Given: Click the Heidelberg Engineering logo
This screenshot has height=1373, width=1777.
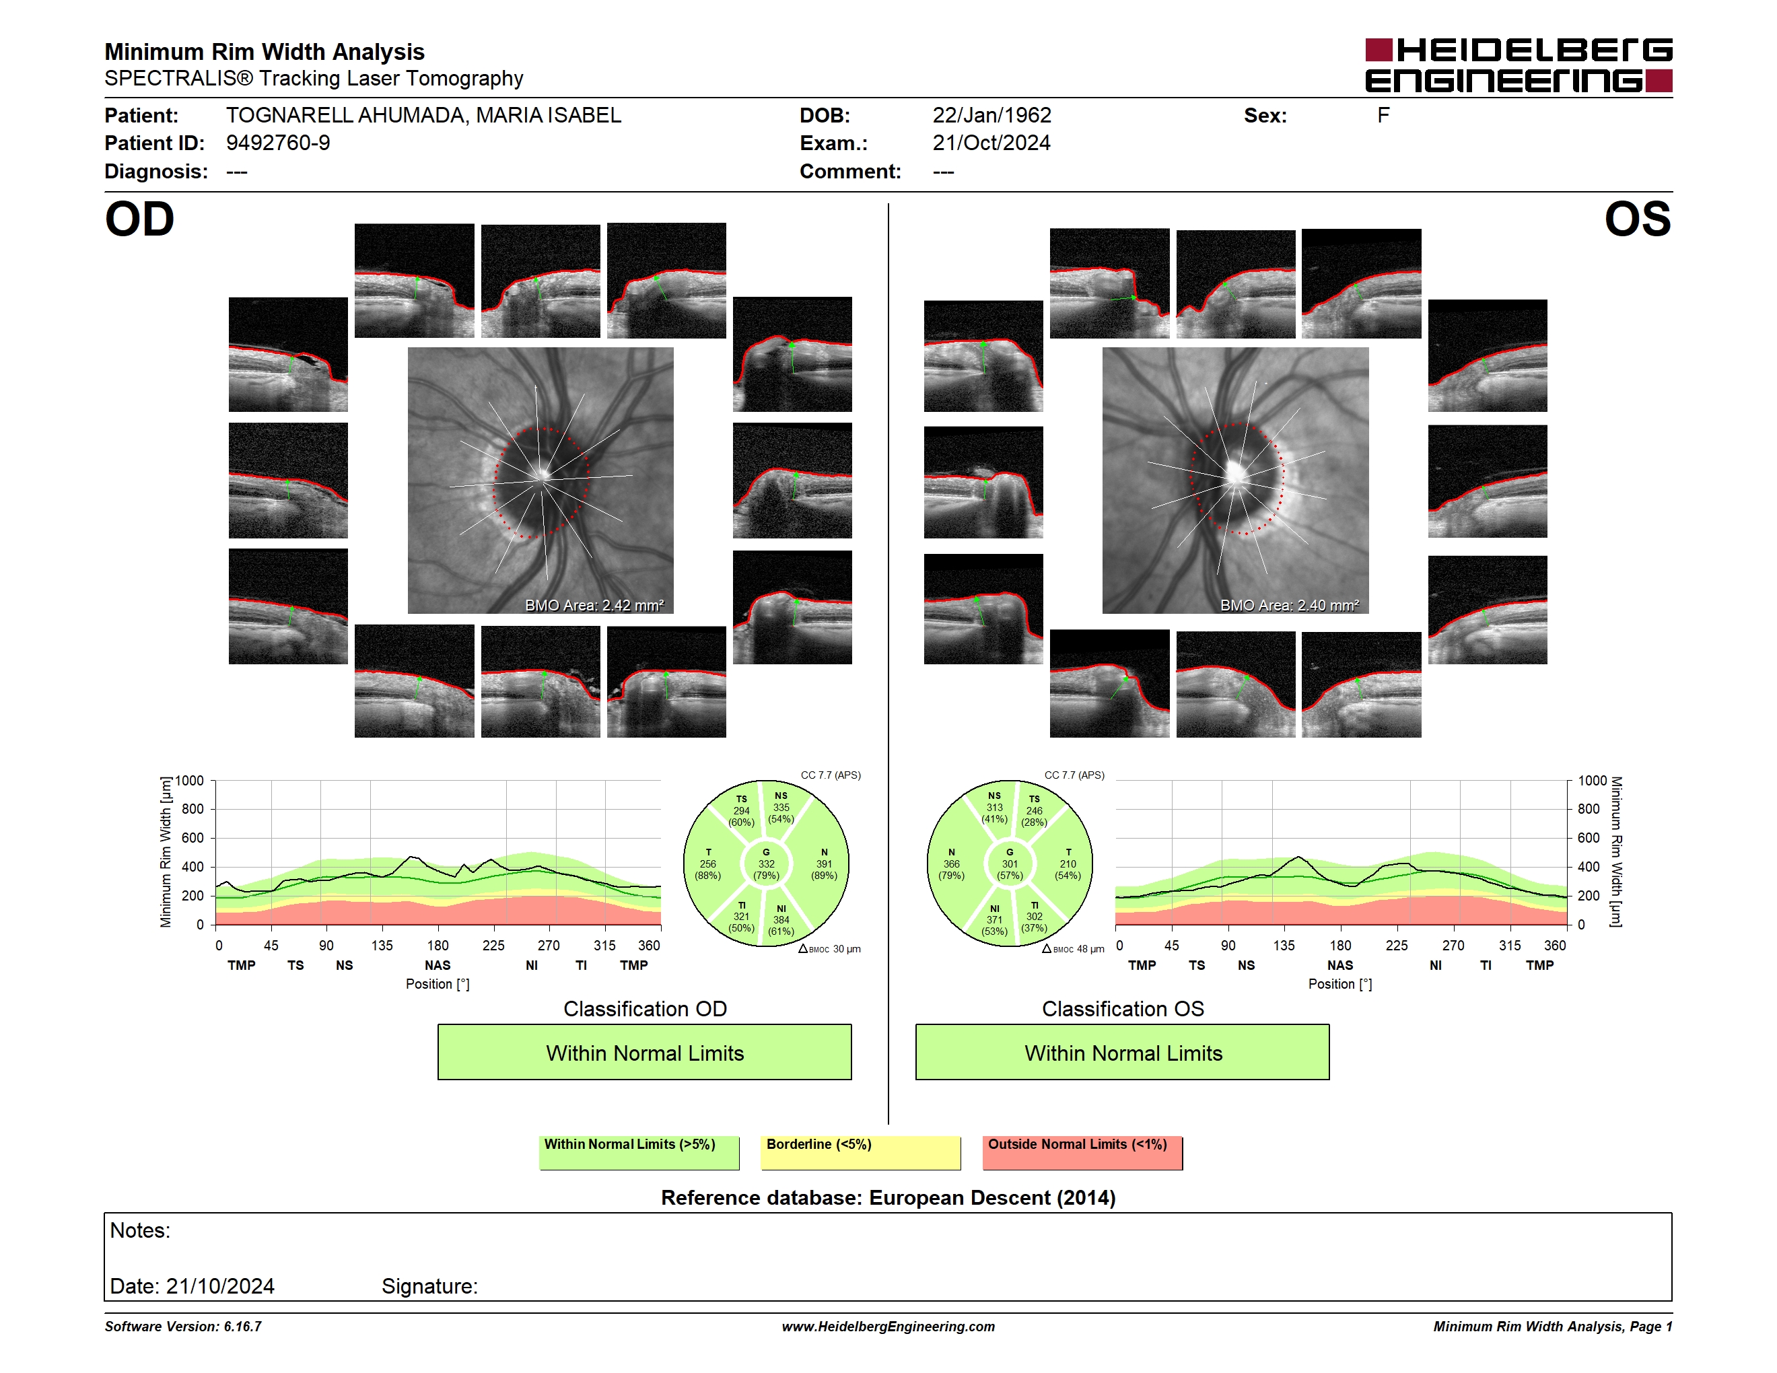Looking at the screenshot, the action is (1519, 65).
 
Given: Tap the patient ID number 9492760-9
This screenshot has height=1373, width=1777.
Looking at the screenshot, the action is (277, 143).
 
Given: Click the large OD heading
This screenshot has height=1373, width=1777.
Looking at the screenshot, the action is (140, 219).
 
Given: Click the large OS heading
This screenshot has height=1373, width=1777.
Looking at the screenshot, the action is (1637, 219).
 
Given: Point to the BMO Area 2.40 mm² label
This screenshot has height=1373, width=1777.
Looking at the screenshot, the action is (1290, 605).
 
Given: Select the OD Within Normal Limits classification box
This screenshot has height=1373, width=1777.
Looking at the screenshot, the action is (644, 1052).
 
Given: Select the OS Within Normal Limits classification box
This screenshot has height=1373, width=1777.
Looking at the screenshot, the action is (1123, 1052).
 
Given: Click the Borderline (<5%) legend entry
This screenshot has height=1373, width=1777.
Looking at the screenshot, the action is (861, 1152).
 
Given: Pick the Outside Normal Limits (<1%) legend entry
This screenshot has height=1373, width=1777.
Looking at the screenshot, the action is (1082, 1152).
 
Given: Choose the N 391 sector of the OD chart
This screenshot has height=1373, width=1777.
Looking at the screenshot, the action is (823, 864).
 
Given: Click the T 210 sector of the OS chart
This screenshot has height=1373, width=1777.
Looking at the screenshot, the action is (1068, 864).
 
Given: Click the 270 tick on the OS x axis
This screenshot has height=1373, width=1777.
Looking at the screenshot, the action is (1453, 945).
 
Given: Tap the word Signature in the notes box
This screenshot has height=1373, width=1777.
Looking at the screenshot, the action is (429, 1286).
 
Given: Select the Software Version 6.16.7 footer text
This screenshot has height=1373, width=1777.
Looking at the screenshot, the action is (183, 1327).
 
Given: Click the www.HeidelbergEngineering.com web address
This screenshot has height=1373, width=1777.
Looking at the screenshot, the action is (888, 1327).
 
